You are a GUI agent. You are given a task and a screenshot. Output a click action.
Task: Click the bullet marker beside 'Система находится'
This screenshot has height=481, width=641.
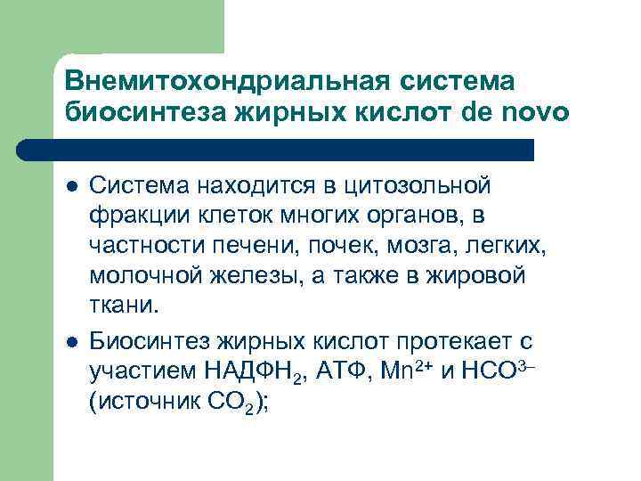coord(70,187)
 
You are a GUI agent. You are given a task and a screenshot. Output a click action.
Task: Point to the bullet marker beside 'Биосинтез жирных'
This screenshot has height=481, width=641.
coord(70,341)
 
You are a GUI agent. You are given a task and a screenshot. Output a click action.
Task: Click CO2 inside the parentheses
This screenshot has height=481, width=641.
coord(235,403)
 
